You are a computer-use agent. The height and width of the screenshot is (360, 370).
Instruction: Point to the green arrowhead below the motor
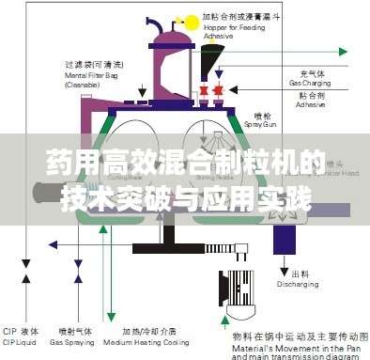click(x=231, y=323)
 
